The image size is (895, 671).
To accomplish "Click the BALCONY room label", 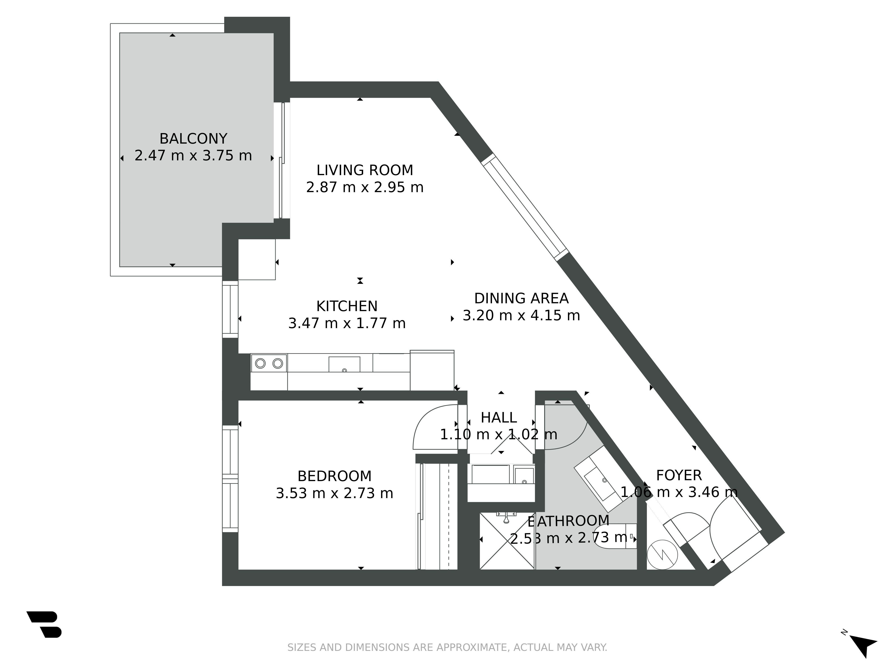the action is tap(193, 139).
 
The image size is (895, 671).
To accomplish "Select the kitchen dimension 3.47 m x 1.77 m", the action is tap(347, 323).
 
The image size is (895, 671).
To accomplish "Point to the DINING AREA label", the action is tap(521, 299).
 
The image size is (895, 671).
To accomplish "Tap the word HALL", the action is tap(499, 417).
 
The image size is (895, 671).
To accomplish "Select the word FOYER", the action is tap(679, 475).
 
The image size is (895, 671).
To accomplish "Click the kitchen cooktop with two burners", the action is tap(269, 363).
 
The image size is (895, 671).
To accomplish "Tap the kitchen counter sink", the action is tap(344, 364).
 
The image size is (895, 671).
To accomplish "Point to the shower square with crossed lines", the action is tap(507, 541).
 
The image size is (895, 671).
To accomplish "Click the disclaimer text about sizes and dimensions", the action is tap(447, 648).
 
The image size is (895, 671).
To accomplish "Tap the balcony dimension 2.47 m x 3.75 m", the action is tap(193, 156).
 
